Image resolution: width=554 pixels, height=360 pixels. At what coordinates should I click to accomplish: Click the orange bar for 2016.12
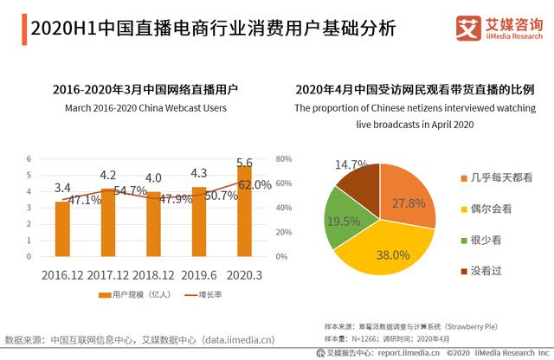[62, 229]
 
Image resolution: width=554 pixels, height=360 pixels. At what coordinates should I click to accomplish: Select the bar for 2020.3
[245, 216]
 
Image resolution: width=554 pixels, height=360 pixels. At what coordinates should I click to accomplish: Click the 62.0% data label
[254, 184]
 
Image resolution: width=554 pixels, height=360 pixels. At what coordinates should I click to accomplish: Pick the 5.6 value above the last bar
[245, 163]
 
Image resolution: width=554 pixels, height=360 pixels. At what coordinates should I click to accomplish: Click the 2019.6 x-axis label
[199, 274]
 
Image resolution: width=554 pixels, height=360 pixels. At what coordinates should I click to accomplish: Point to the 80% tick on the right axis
[283, 159]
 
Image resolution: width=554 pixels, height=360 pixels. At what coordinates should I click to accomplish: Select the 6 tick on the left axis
[29, 159]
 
